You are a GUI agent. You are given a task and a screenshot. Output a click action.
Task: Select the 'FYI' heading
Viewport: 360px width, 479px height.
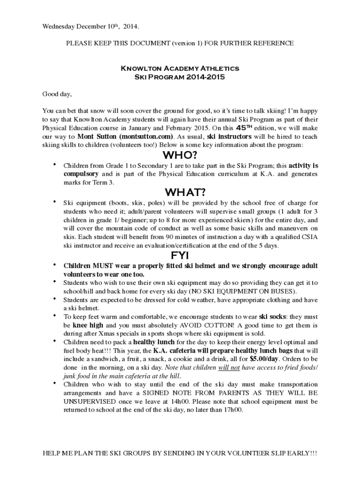click(180, 255)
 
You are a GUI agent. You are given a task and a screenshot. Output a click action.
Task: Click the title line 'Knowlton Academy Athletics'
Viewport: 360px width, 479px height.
click(180, 68)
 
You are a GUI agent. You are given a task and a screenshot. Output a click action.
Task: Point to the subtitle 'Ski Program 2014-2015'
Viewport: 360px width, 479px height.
click(180, 77)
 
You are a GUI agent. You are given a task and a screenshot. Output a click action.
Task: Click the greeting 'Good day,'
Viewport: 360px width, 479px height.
click(57, 94)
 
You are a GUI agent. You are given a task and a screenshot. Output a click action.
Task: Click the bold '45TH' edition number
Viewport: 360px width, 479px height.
click(245, 128)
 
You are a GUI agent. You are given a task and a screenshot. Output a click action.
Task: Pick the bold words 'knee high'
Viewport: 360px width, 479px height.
click(87, 325)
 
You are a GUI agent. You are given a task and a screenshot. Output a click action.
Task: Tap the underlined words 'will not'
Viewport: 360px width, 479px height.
click(229, 368)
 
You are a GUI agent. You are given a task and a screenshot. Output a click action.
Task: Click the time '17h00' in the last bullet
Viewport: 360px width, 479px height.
click(234, 410)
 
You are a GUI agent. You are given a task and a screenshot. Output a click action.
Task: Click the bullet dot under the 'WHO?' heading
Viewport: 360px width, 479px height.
click(55, 165)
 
